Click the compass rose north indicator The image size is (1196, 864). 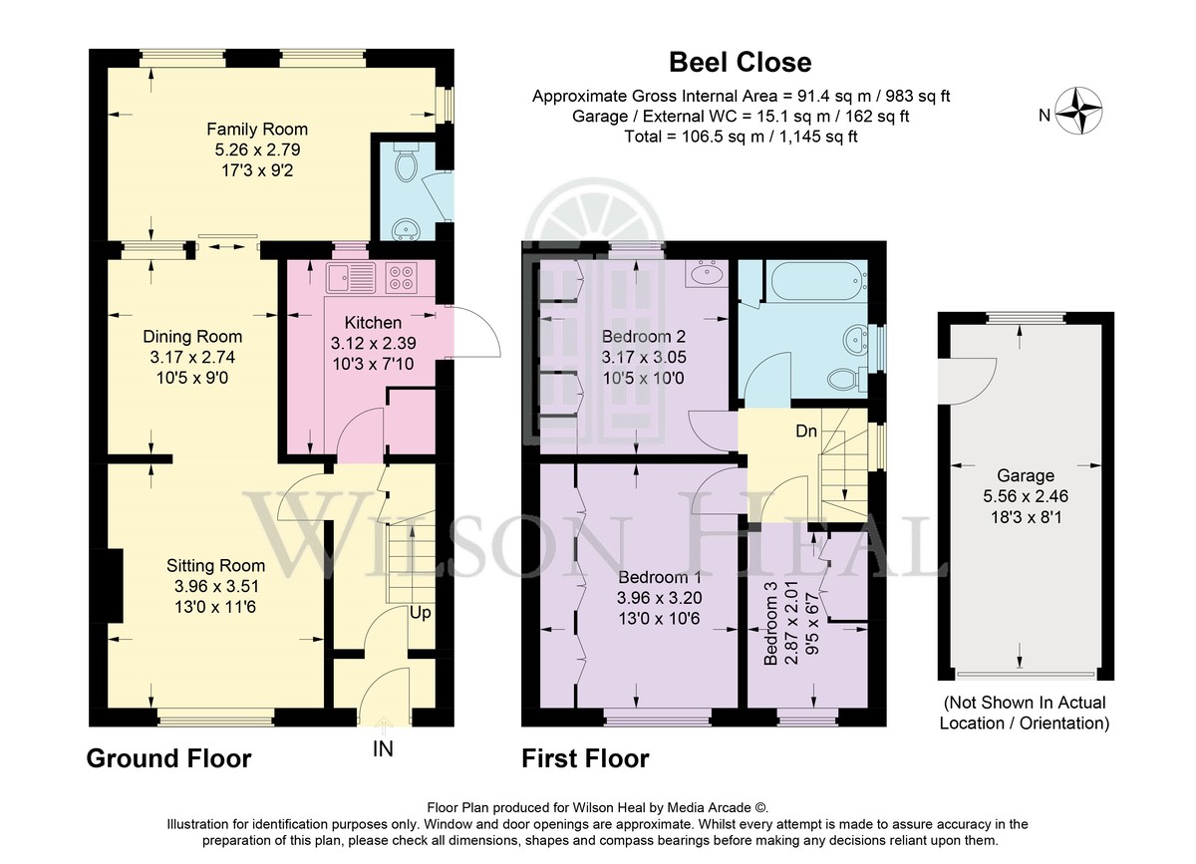pos(1078,112)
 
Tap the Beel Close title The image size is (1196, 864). pos(740,63)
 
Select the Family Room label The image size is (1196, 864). pos(257,130)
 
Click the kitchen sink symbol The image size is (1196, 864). pos(351,278)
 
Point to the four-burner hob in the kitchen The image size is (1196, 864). pos(402,278)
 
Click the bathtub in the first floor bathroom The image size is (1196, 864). pos(816,280)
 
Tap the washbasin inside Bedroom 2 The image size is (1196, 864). pos(707,274)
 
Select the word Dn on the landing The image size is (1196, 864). pos(806,431)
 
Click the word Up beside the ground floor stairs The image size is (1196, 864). pos(421,613)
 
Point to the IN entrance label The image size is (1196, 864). pos(383,749)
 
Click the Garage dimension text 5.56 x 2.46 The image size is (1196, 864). pos(1026,496)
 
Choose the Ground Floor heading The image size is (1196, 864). pos(168,758)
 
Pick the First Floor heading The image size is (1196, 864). pos(585,758)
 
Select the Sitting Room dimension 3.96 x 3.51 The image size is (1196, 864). pos(215,586)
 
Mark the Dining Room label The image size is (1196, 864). pos(192,337)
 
